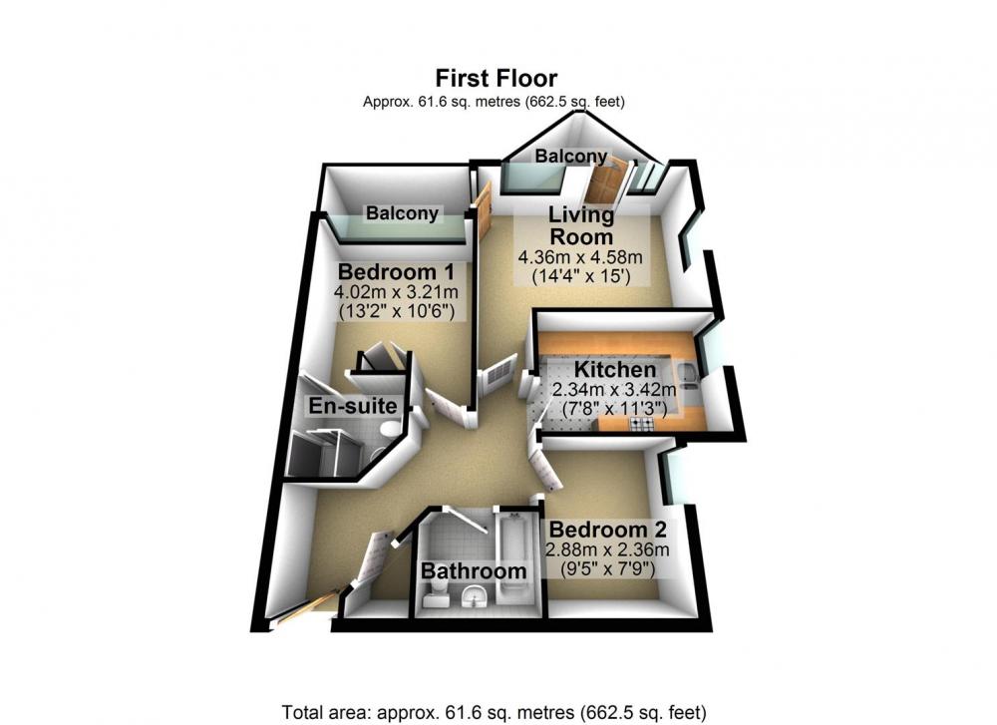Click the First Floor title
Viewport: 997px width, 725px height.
coord(496,78)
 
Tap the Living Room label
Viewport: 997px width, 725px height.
coord(581,225)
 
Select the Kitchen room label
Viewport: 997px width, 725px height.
coord(615,370)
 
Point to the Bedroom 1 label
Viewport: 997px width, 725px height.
coord(396,272)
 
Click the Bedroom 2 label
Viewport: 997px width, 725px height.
coord(607,530)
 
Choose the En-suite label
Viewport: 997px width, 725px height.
coord(353,406)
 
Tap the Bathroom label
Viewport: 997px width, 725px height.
coord(474,571)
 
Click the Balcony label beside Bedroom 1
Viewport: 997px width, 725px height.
coord(402,213)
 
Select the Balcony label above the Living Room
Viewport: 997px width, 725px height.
coord(571,156)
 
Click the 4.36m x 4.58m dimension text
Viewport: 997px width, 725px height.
coord(580,258)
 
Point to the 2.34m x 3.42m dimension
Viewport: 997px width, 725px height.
coord(614,389)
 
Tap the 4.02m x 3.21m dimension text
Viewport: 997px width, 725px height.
coord(396,292)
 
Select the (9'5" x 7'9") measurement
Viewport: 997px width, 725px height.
coord(607,569)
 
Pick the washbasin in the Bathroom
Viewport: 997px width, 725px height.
coord(474,596)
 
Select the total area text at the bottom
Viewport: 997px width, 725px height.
coord(495,711)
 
